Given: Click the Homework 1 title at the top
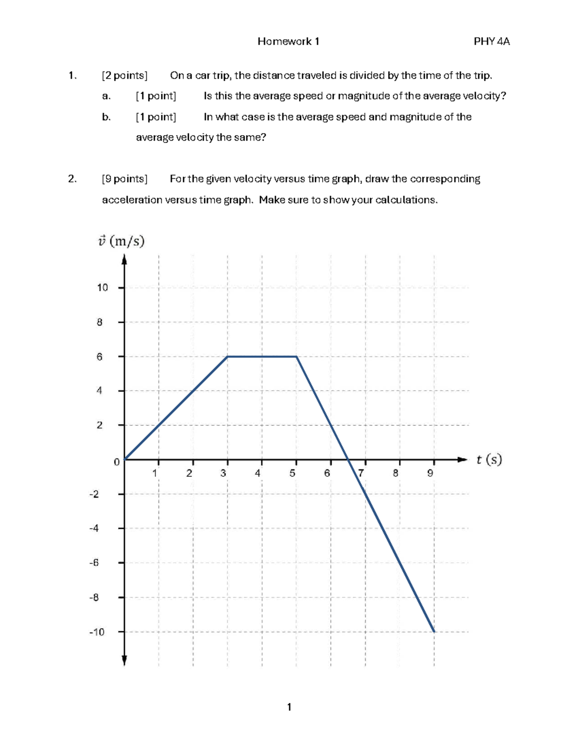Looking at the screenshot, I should click(x=288, y=41).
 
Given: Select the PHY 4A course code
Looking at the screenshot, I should click(x=491, y=41).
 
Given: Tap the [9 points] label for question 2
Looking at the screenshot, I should click(x=124, y=179).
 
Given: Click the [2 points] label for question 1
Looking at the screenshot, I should click(x=124, y=76).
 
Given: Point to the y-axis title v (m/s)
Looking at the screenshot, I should click(x=121, y=241).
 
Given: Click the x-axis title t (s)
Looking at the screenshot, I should click(x=489, y=460).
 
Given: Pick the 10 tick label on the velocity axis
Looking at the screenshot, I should click(x=102, y=288).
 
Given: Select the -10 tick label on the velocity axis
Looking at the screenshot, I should click(x=96, y=632).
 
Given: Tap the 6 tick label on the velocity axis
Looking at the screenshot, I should click(x=99, y=357).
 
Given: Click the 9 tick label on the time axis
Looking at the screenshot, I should click(x=430, y=473).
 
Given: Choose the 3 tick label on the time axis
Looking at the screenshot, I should click(x=223, y=473).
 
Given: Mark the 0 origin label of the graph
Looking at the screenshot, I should click(x=116, y=462).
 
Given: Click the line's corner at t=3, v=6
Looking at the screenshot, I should click(x=227, y=356).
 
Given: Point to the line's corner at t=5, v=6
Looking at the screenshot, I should click(x=296, y=356).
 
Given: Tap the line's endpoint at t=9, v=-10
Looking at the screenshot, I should click(x=434, y=631).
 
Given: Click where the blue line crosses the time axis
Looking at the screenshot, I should click(x=348, y=459).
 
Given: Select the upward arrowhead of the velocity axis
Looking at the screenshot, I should click(x=124, y=260).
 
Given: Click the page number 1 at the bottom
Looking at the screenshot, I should click(x=289, y=707).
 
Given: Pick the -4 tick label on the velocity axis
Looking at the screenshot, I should click(x=94, y=528).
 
